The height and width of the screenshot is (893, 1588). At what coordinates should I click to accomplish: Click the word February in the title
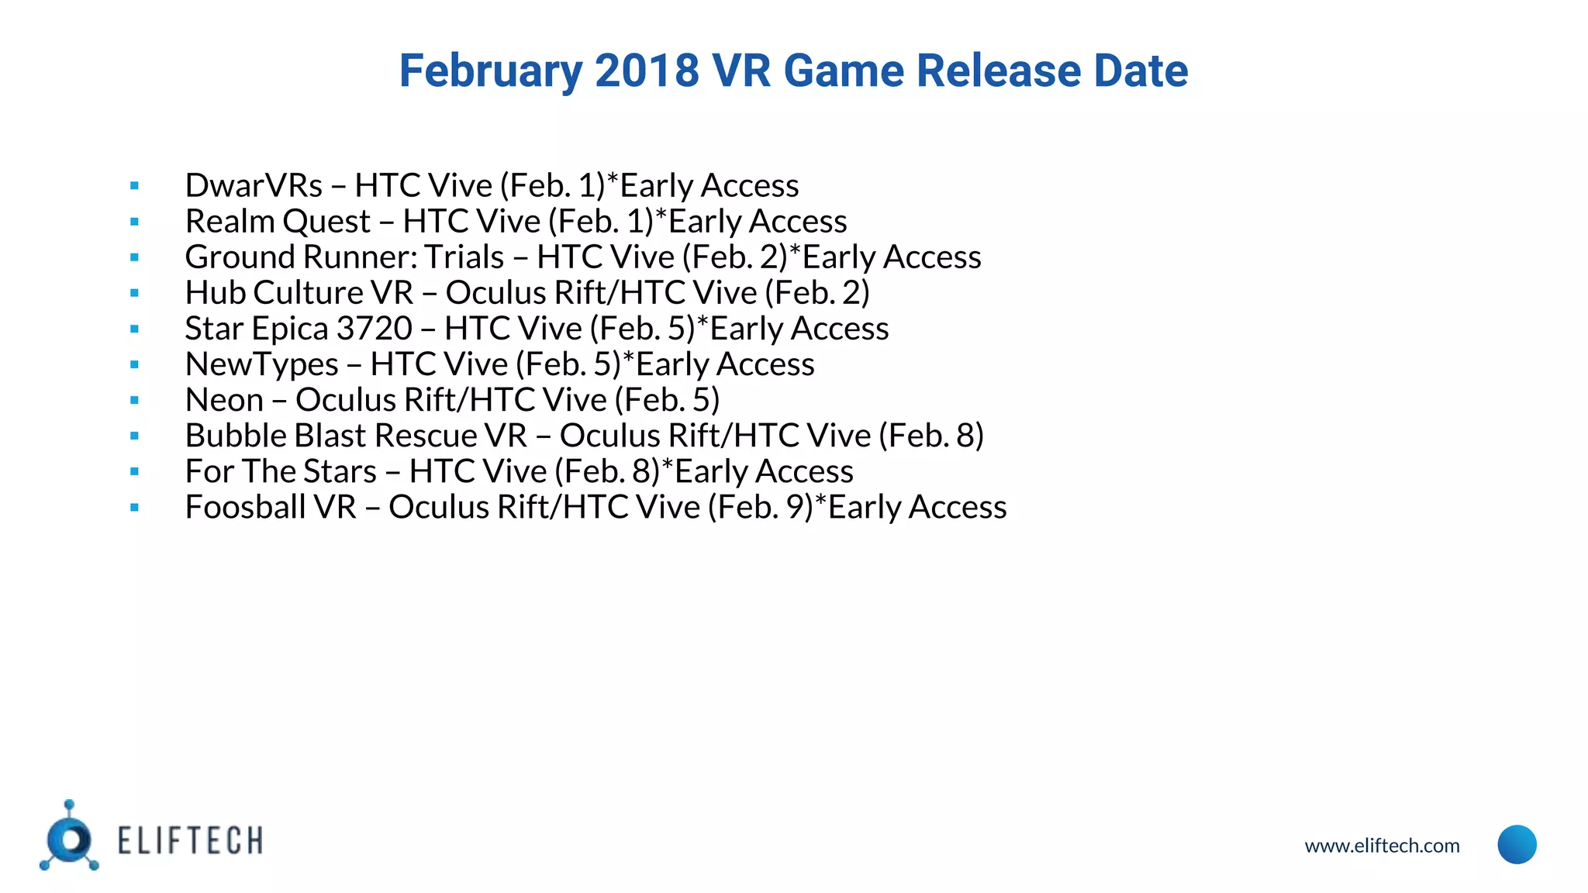pyautogui.click(x=490, y=71)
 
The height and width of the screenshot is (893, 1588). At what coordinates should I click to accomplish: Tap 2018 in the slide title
pyautogui.click(x=647, y=71)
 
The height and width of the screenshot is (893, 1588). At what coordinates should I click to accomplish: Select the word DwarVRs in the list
pyautogui.click(x=254, y=186)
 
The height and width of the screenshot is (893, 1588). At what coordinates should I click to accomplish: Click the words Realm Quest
pyautogui.click(x=278, y=222)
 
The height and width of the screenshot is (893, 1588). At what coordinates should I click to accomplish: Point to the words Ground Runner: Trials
pyautogui.click(x=344, y=257)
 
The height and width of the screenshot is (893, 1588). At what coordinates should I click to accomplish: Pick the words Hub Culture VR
pyautogui.click(x=299, y=293)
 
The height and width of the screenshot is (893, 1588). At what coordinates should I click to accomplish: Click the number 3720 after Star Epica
pyautogui.click(x=374, y=329)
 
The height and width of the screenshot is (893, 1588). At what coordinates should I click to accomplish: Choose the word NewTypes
pyautogui.click(x=262, y=364)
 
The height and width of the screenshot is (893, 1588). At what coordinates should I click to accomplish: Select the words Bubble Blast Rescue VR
pyautogui.click(x=356, y=436)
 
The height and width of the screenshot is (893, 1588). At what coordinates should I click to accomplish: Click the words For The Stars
pyautogui.click(x=281, y=471)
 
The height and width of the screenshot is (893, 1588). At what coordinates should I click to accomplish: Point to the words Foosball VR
pyautogui.click(x=271, y=507)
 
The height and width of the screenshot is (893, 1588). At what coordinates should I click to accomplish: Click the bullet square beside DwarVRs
pyautogui.click(x=135, y=186)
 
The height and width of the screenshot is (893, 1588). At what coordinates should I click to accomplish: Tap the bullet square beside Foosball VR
pyautogui.click(x=135, y=508)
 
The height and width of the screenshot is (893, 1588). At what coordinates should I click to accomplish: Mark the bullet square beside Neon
pyautogui.click(x=135, y=401)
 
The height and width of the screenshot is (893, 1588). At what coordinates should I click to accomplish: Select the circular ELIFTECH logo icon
pyautogui.click(x=70, y=840)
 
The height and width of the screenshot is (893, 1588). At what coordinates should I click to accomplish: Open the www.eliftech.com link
pyautogui.click(x=1382, y=846)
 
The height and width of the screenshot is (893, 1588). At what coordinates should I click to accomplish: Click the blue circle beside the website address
pyautogui.click(x=1517, y=844)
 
